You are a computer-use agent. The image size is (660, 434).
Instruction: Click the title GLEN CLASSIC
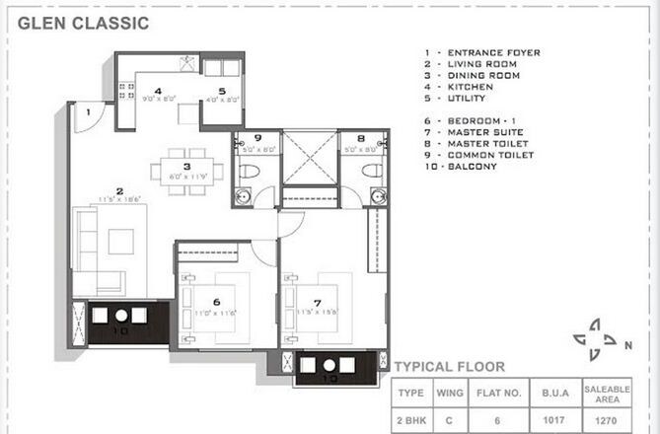[x=84, y=23]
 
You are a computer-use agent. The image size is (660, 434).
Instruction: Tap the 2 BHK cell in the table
[x=410, y=418]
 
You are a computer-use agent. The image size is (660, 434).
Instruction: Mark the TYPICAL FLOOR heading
[x=449, y=366]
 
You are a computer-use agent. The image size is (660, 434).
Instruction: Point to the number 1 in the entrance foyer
[x=87, y=112]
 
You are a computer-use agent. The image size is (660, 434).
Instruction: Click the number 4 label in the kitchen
[x=157, y=91]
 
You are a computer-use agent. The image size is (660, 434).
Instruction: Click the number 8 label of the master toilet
[x=361, y=139]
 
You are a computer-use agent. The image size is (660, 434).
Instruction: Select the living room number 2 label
[x=119, y=191]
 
